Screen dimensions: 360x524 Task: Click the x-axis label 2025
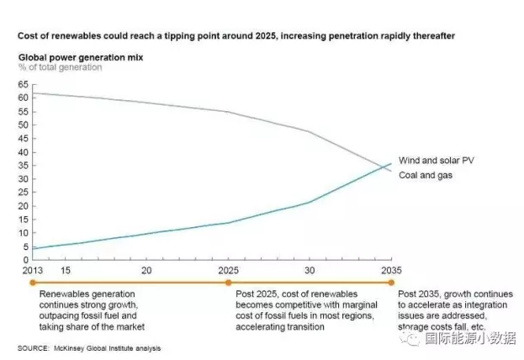click(228, 271)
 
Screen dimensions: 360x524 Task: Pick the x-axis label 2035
click(390, 271)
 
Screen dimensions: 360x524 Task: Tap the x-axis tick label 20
click(146, 271)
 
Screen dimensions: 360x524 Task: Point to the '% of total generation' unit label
click(61, 67)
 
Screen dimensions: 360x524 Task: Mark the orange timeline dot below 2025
click(228, 283)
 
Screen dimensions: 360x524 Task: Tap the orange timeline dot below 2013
click(33, 283)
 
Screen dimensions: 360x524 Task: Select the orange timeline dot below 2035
click(391, 283)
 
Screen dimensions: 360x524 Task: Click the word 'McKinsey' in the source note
click(71, 348)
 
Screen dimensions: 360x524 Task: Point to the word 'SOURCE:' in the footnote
click(33, 348)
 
